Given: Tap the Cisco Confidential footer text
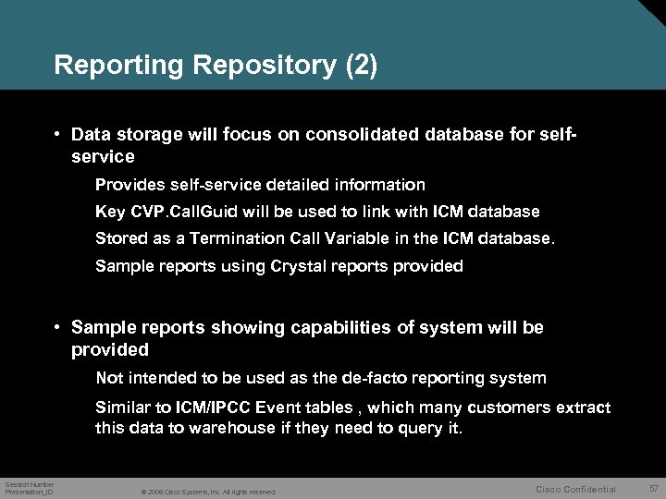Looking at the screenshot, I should [x=575, y=490].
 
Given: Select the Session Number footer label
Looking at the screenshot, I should [x=30, y=484].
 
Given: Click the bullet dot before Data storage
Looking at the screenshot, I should [x=57, y=134].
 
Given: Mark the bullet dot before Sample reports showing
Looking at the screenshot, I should [x=57, y=328].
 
